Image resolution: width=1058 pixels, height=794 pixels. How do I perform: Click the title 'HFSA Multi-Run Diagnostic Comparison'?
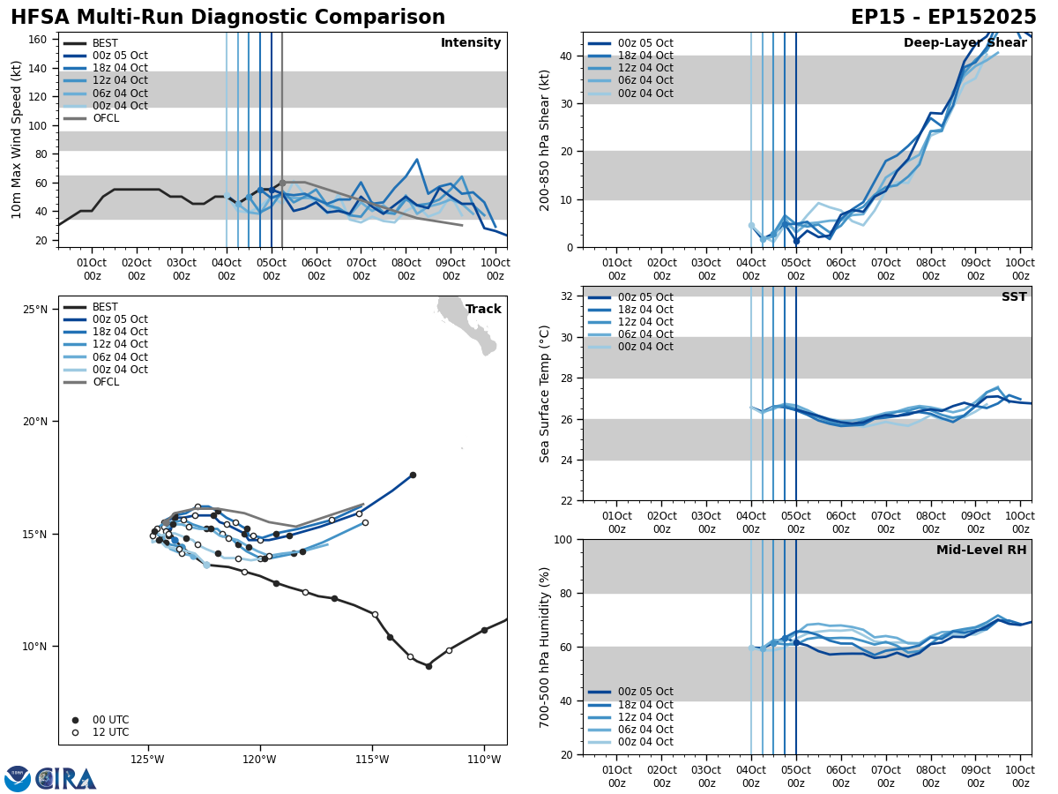(x=227, y=18)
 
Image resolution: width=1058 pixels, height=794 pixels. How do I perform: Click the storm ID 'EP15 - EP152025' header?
(x=943, y=18)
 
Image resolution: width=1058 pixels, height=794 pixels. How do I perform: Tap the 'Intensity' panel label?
(x=471, y=43)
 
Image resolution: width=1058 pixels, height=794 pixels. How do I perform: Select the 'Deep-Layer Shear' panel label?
(x=965, y=43)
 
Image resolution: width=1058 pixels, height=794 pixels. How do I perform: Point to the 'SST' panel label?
(x=1014, y=297)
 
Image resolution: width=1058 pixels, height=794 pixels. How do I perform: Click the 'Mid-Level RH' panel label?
(x=981, y=551)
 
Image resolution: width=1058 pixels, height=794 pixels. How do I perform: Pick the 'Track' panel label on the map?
(x=483, y=310)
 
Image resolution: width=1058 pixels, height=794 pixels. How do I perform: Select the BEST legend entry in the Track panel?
(x=105, y=307)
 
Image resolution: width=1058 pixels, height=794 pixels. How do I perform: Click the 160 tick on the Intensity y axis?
(x=38, y=40)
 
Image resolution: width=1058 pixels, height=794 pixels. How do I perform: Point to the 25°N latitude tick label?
(x=35, y=310)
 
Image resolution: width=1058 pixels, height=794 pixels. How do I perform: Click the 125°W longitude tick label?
(x=147, y=760)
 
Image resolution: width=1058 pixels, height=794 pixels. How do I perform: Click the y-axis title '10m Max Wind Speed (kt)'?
(x=17, y=139)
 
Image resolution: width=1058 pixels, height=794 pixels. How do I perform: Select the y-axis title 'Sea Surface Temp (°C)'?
(x=545, y=393)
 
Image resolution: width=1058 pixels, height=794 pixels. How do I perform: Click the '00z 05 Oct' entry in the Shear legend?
(x=646, y=43)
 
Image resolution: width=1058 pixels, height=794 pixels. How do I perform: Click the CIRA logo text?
(x=67, y=779)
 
